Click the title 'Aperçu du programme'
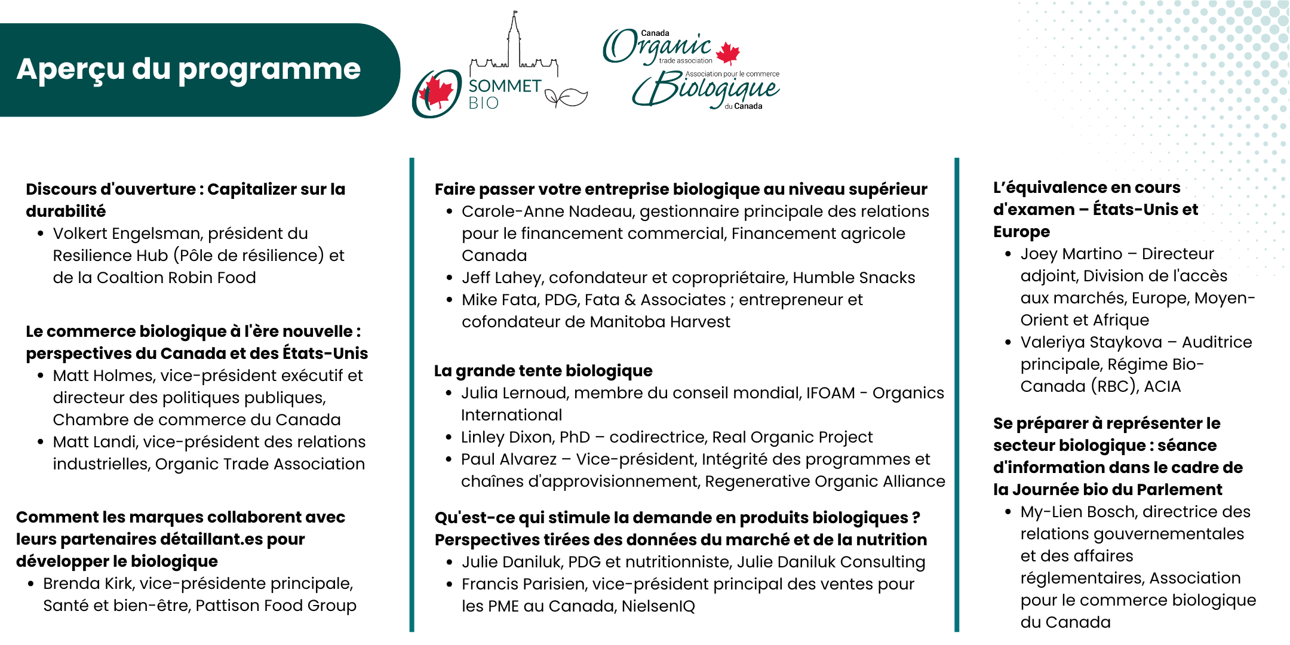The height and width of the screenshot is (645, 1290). pos(188,69)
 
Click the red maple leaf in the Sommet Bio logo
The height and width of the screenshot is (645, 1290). pos(437,93)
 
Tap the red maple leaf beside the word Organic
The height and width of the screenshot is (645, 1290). pos(727,53)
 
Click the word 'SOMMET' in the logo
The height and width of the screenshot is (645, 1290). pos(505,86)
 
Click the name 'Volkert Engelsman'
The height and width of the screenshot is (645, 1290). pos(127,234)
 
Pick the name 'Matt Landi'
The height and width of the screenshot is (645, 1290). pos(96,442)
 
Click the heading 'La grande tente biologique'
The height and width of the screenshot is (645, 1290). pos(543,371)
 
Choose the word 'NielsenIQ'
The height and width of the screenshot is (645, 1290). pos(658,606)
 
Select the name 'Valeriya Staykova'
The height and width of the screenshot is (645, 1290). pos(1091,342)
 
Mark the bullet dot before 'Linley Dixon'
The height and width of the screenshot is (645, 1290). pos(449,437)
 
